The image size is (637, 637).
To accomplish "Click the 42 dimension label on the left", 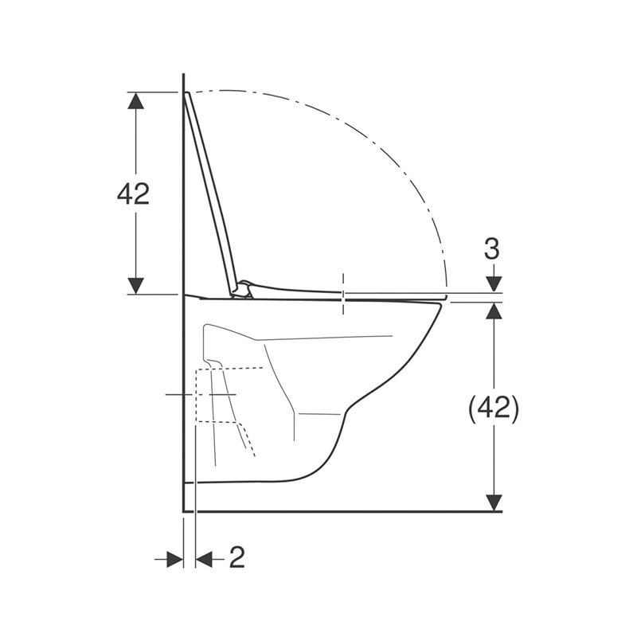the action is coord(133,193).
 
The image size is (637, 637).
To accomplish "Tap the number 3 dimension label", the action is coord(492,249).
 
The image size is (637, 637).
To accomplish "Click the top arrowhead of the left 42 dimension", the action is coord(135,100).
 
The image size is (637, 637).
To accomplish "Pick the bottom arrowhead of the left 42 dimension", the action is coord(135,286).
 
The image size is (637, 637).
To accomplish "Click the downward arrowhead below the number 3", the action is coord(494,283).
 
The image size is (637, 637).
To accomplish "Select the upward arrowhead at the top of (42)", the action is coord(494,311).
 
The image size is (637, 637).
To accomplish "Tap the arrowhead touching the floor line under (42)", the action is coord(494,502).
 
